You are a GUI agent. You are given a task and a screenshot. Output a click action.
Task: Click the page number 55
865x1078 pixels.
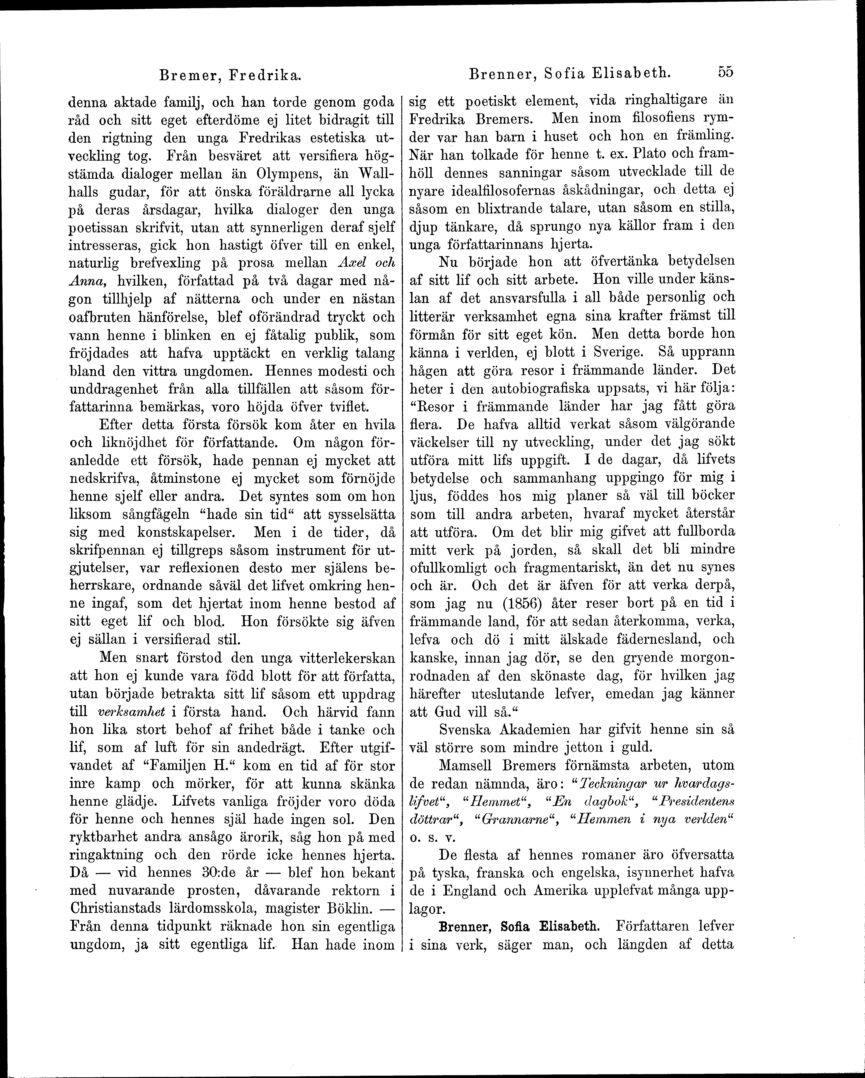[x=725, y=72]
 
